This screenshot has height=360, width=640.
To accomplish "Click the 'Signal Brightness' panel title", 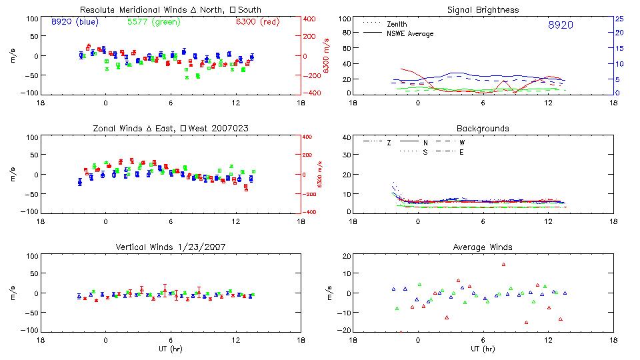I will tap(483, 10).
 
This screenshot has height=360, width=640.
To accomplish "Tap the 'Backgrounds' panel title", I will tap(483, 128).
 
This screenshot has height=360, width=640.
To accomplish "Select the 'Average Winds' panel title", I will tap(483, 247).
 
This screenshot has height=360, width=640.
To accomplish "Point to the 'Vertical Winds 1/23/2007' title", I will tap(171, 247).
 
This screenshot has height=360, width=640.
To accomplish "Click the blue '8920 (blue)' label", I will tap(74, 22).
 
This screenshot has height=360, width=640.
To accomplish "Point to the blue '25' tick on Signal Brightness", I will tap(618, 19).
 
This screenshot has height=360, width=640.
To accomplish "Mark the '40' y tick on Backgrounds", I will tap(346, 138).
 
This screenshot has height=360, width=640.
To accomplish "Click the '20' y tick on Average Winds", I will tap(346, 256).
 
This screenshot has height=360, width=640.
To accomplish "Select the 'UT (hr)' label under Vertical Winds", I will tap(171, 348).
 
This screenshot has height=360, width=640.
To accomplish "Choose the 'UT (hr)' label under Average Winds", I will tap(483, 348).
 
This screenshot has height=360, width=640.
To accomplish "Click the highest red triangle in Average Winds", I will tap(504, 264).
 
